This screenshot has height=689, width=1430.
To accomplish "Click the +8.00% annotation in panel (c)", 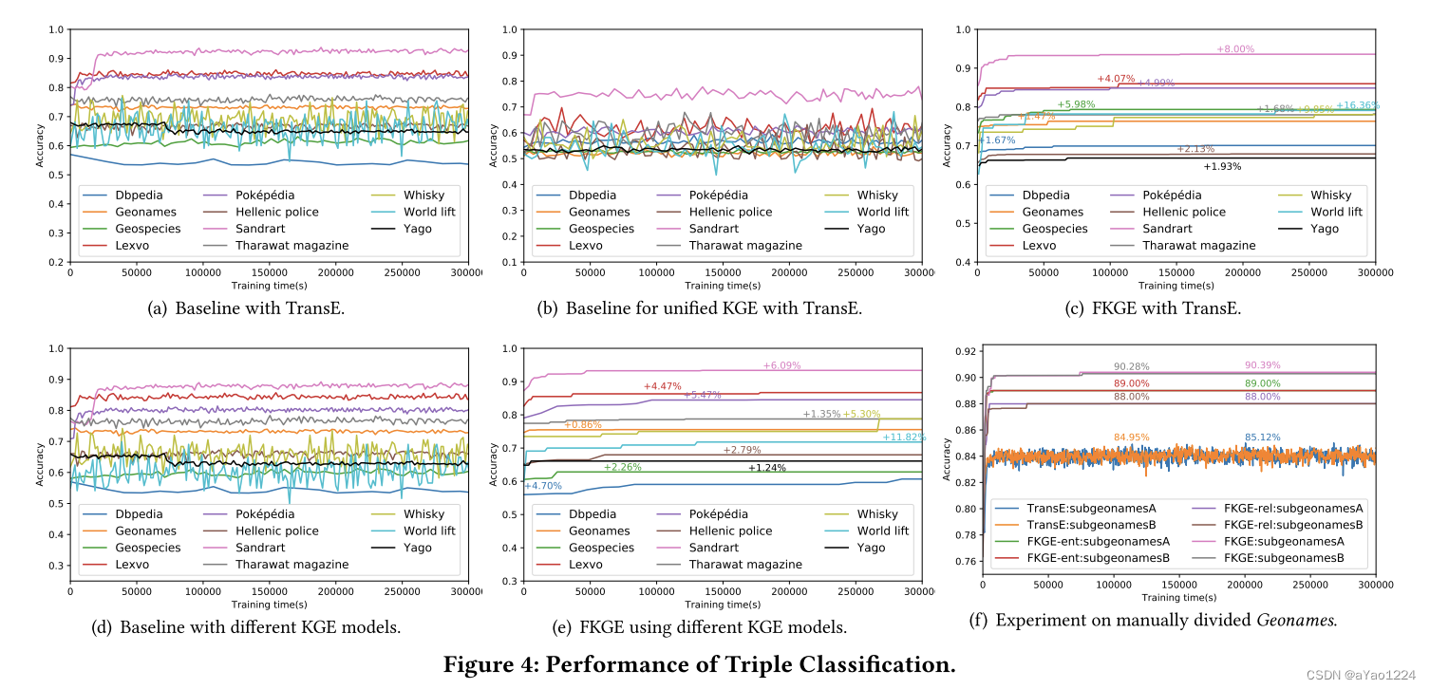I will click(x=1234, y=49).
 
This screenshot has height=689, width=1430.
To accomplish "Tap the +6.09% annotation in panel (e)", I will click(x=781, y=365).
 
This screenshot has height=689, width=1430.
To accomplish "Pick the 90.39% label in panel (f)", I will click(x=1262, y=365).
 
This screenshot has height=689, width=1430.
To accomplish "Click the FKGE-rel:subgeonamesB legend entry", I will click(x=1293, y=524).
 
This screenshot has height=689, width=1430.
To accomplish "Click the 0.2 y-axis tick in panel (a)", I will click(x=56, y=262).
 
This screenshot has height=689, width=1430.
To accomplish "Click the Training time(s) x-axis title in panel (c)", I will click(x=1176, y=285).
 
